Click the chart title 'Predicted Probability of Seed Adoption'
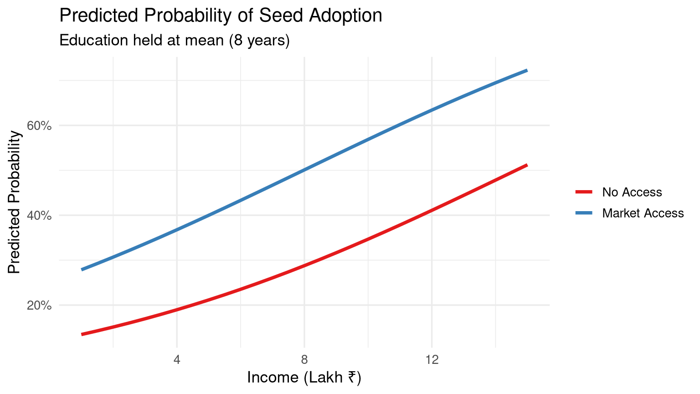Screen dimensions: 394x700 pos(221,16)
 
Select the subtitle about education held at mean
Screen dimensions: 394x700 pos(175,41)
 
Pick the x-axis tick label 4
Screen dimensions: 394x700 pos(177,360)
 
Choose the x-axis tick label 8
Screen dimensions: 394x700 pos(304,360)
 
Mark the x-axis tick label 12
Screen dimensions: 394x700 pos(432,360)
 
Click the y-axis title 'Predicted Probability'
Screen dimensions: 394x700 pos(15,202)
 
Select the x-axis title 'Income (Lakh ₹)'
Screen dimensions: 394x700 pos(304,378)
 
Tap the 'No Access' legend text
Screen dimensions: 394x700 pos(632,192)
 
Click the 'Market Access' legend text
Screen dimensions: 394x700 pos(643,213)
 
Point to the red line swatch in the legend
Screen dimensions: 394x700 pos(584,192)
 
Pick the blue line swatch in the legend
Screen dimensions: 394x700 pos(584,213)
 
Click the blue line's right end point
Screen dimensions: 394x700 pos(527,71)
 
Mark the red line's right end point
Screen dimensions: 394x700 pos(527,165)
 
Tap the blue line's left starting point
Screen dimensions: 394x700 pos(82,270)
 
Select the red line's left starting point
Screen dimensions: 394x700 pos(82,334)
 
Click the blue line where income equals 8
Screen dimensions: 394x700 pos(304,170)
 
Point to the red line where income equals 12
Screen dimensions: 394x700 pos(432,210)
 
